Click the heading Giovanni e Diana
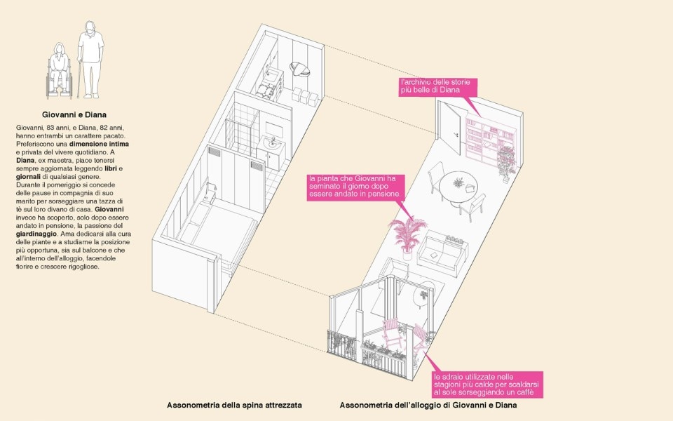pos(74,114)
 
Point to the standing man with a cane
pos(90,59)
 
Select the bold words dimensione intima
pos(99,144)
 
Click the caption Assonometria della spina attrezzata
pos(234,405)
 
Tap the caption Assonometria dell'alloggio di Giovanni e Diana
pos(428,405)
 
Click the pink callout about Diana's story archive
pos(437,86)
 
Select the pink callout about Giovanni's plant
pos(356,187)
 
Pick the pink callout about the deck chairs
pos(487,385)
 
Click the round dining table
pos(458,188)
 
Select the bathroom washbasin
pos(271,146)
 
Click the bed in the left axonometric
pos(217,233)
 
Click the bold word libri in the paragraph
pos(111,168)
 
